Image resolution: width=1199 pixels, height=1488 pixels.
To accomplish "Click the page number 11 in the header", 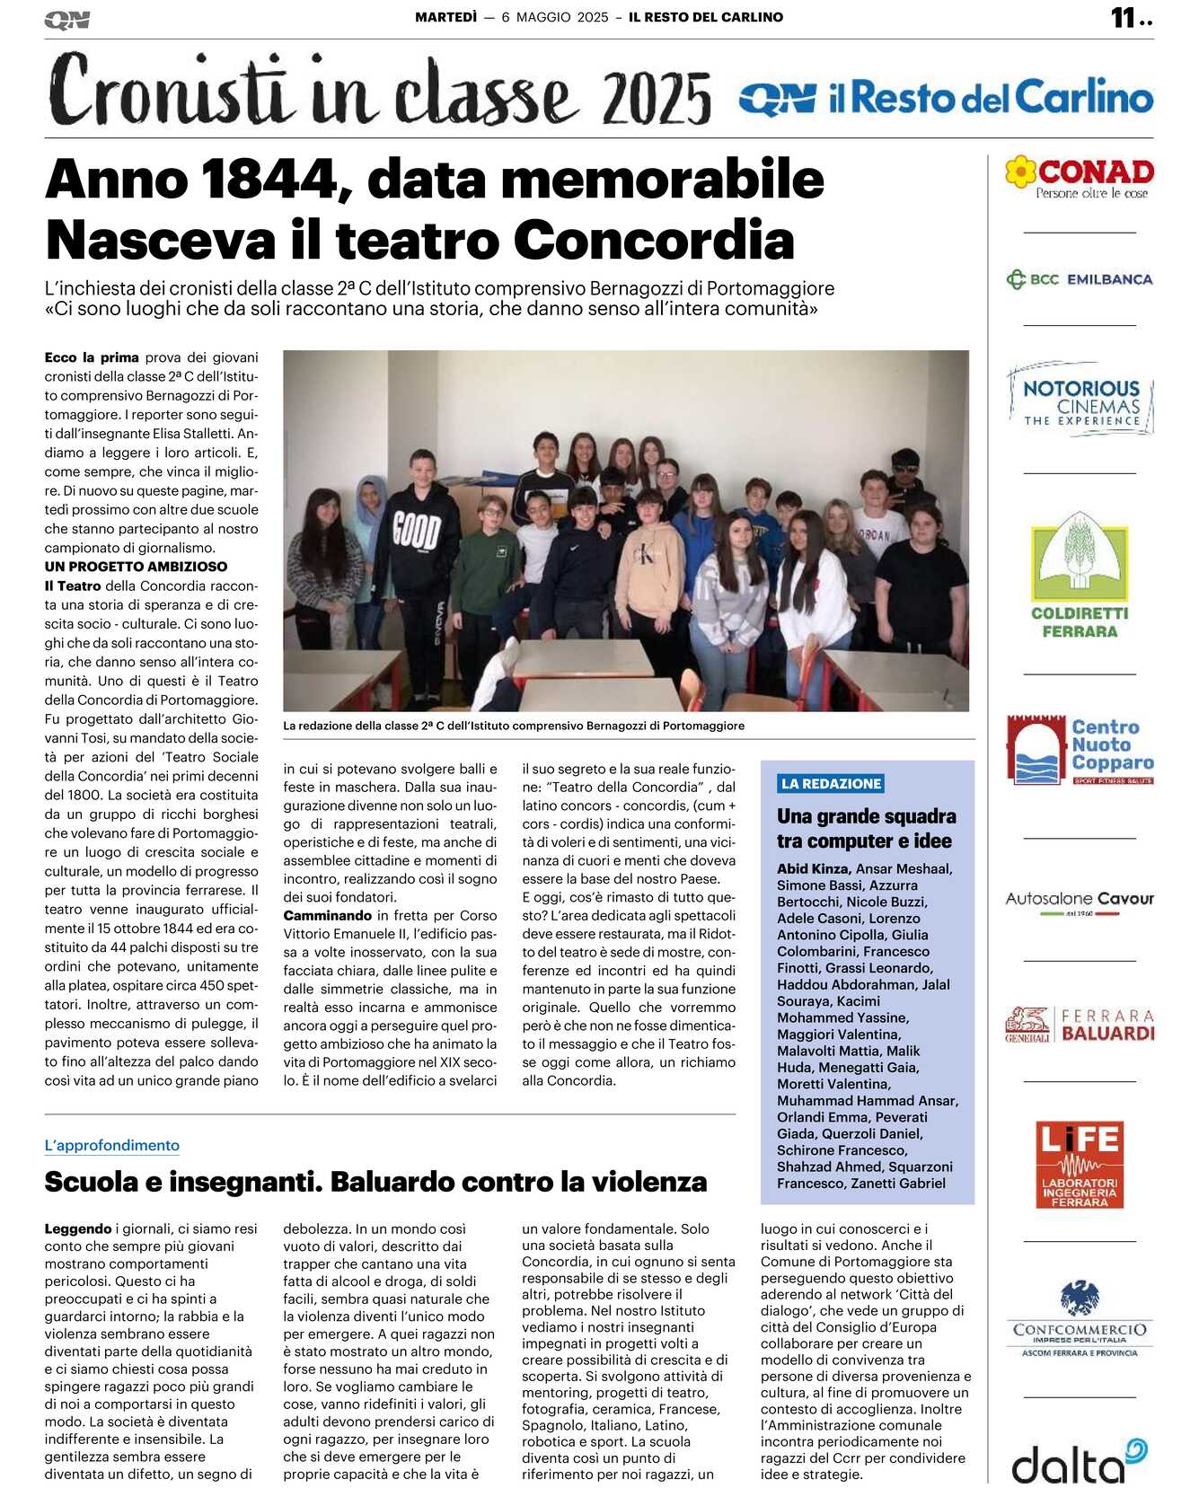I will (x=1124, y=18).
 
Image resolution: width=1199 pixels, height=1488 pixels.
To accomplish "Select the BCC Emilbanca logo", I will (x=1080, y=279).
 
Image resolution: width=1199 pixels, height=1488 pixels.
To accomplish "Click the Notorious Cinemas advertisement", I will (x=1080, y=401).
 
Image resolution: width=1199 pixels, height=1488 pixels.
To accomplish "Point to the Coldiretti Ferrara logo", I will (x=1080, y=575).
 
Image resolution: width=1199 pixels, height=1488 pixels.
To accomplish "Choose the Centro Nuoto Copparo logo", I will (x=1080, y=749).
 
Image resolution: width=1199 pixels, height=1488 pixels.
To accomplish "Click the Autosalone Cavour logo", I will (x=1080, y=901).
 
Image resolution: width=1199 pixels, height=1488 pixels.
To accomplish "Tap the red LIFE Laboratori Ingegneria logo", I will (x=1080, y=1164).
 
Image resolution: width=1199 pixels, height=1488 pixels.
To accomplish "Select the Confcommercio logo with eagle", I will (x=1080, y=1319).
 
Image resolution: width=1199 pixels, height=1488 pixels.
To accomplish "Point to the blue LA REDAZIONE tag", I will (x=831, y=783).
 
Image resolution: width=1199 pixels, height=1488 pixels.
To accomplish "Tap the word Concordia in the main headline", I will (x=654, y=241).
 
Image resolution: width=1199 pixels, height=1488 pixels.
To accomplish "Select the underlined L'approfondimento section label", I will (x=112, y=1145).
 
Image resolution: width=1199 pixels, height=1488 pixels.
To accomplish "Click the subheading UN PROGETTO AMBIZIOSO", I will (x=136, y=567).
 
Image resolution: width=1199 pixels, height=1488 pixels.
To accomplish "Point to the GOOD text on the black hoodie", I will (x=417, y=529).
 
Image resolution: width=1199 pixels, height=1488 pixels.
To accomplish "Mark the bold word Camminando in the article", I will (x=328, y=915).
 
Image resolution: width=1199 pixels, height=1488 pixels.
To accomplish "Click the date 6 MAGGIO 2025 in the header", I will (x=554, y=17).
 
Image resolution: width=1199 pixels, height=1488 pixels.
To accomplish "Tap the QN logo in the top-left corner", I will (x=66, y=20).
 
